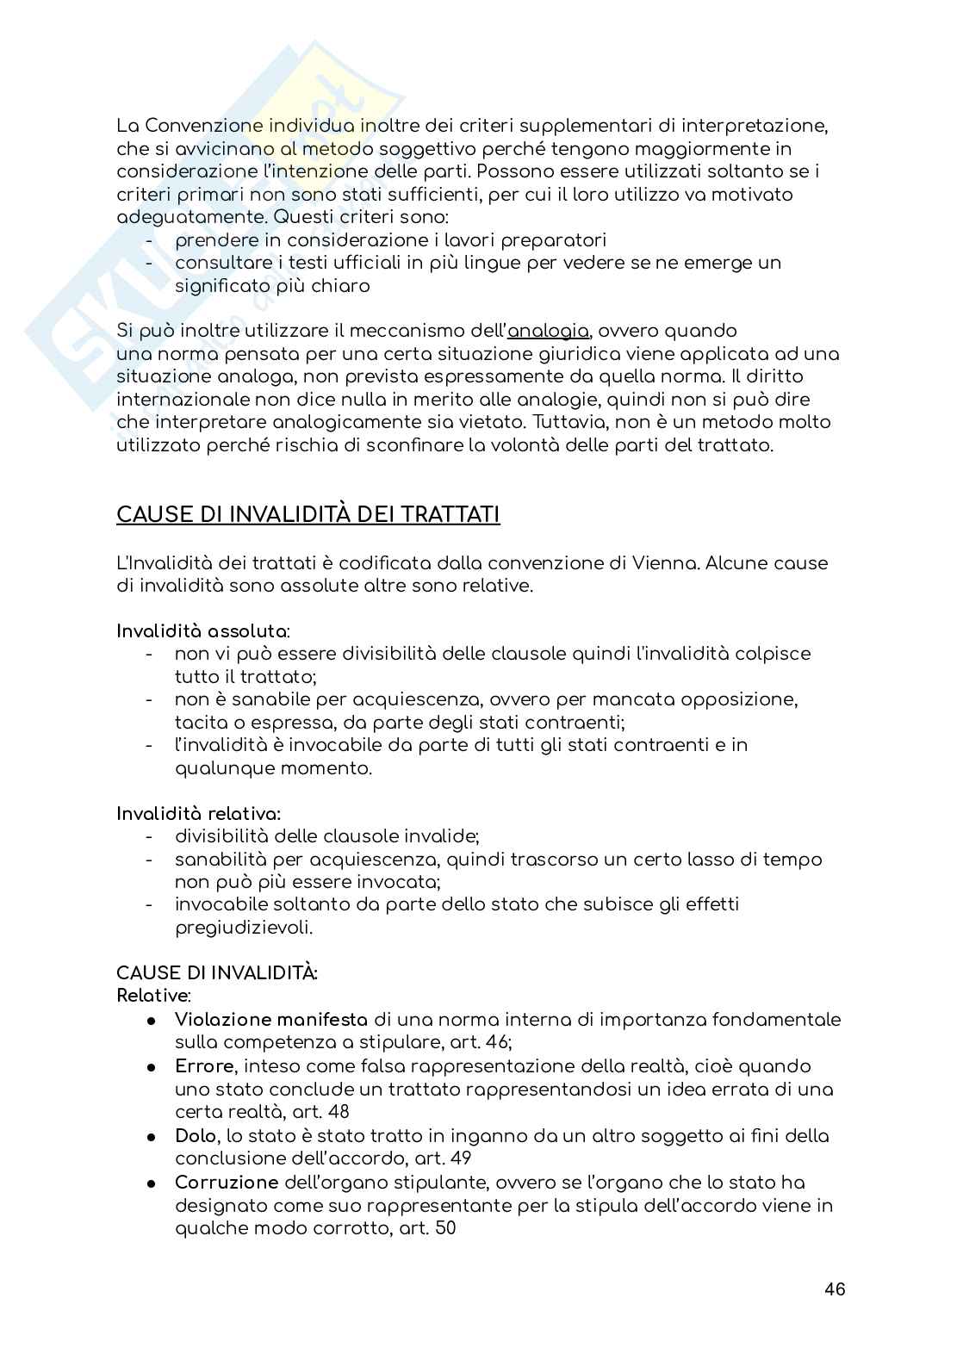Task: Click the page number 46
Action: [x=834, y=1289]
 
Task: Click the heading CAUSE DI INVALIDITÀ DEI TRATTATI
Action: [x=308, y=515]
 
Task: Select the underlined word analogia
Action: [x=549, y=331]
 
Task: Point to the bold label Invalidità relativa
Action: [x=198, y=813]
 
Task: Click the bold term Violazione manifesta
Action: [x=271, y=1020]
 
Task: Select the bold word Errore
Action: [x=203, y=1066]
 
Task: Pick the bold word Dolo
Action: [x=196, y=1136]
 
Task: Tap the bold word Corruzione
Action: [x=227, y=1183]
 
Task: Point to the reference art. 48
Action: [x=320, y=1112]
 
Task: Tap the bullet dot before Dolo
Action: [x=151, y=1137]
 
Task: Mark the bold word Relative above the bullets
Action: [x=152, y=996]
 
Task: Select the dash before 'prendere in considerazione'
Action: [x=151, y=240]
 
